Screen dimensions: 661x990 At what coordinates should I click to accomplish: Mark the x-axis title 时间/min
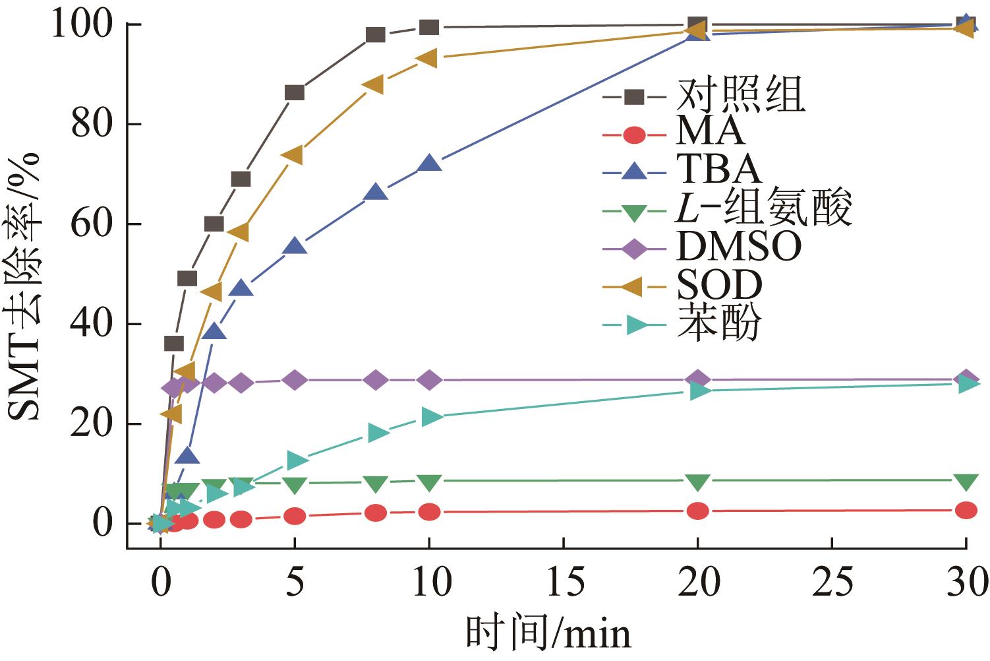point(547,633)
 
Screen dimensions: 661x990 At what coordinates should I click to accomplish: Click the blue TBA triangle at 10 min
point(429,164)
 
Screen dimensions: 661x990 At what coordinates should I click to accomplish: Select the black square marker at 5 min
point(295,92)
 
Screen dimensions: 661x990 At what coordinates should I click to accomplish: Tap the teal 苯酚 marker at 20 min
point(699,391)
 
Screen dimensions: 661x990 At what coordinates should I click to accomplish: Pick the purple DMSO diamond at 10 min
point(429,380)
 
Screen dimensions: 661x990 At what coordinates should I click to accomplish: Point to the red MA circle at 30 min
point(966,510)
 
